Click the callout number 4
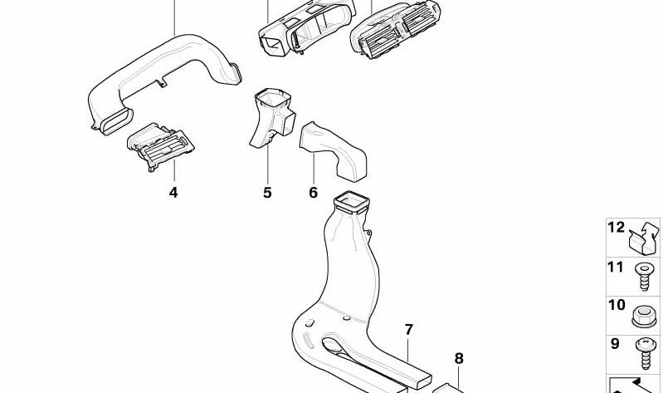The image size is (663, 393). tap(173, 193)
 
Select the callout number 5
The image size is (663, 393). tap(267, 193)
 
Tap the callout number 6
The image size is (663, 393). tap(313, 193)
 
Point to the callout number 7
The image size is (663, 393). tap(408, 330)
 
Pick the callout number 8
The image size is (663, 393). tap(459, 359)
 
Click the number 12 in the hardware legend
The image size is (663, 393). tap(616, 228)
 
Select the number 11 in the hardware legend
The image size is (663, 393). tap(616, 268)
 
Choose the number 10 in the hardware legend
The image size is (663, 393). tap(617, 304)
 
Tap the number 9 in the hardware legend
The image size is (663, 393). tap(615, 343)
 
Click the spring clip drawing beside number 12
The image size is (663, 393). tap(644, 239)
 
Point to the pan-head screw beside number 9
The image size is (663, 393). tap(645, 354)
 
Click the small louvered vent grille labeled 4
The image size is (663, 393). tap(160, 146)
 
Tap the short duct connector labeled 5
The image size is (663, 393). tap(272, 118)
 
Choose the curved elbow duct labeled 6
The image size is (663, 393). tap(334, 151)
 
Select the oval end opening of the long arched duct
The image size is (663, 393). tap(117, 121)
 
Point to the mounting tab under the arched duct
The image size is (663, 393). tap(162, 82)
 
